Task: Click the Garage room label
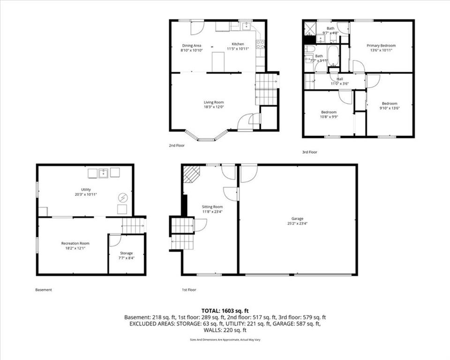pos(298,218)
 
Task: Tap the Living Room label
pos(214,102)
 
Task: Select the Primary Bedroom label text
pos(381,45)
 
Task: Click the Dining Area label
pos(192,45)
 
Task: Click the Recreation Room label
pos(75,243)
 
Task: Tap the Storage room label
pos(126,253)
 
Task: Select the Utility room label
pos(86,189)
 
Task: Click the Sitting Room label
pos(212,207)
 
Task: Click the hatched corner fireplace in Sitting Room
pos(191,173)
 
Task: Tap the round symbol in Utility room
pos(123,198)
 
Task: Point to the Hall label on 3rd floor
pos(340,79)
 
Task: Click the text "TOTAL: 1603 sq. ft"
pos(225,310)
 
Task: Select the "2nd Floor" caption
pos(177,145)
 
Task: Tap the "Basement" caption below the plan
pos(44,290)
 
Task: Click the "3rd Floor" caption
pos(310,152)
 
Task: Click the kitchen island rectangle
pos(218,61)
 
